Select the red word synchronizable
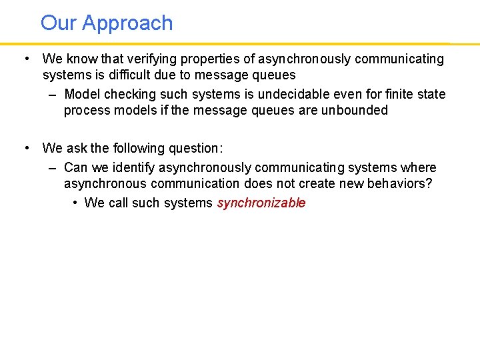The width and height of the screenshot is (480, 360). pyautogui.click(x=261, y=203)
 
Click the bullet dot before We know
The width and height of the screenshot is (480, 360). pyautogui.click(x=25, y=59)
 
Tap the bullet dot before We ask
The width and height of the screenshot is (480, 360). pyautogui.click(x=25, y=148)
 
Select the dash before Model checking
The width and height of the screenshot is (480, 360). pyautogui.click(x=53, y=94)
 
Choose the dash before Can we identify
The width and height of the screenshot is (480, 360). pyautogui.click(x=53, y=167)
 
